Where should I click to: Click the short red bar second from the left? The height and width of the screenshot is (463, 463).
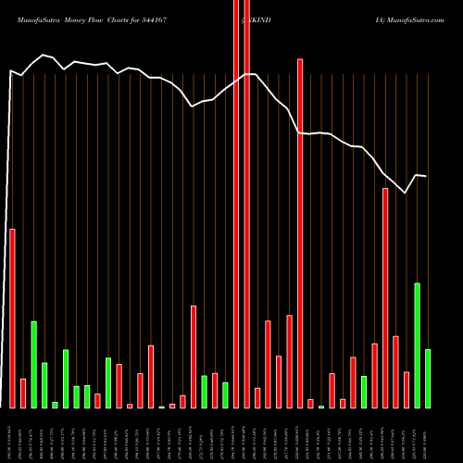tap(23, 393)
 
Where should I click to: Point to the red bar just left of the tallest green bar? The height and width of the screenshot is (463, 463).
tap(407, 389)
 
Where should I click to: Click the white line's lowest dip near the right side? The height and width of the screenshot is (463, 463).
tap(406, 193)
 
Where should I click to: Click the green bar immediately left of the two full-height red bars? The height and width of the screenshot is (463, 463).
tap(225, 394)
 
